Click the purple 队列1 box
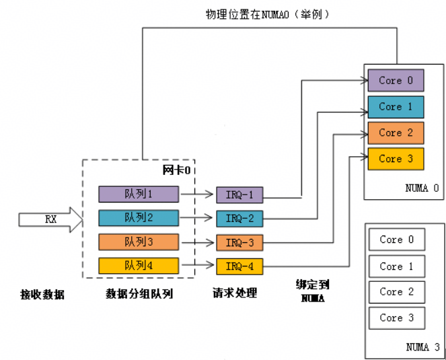pyautogui.click(x=139, y=194)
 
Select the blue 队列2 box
pyautogui.click(x=139, y=218)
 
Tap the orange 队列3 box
pyautogui.click(x=139, y=242)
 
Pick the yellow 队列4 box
pyautogui.click(x=139, y=266)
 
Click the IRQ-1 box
pyautogui.click(x=239, y=195)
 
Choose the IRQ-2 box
pyautogui.click(x=239, y=219)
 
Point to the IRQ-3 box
pyautogui.click(x=239, y=242)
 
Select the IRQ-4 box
pyautogui.click(x=239, y=266)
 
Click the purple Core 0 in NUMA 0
pyautogui.click(x=396, y=81)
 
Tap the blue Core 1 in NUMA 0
pyautogui.click(x=396, y=106)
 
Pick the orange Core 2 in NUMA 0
pyautogui.click(x=396, y=133)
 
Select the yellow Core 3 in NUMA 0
pyautogui.click(x=396, y=159)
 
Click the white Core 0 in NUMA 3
pyautogui.click(x=396, y=240)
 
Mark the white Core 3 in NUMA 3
pyautogui.click(x=396, y=318)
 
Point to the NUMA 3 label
pyautogui.click(x=422, y=347)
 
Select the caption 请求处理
pyautogui.click(x=235, y=293)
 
